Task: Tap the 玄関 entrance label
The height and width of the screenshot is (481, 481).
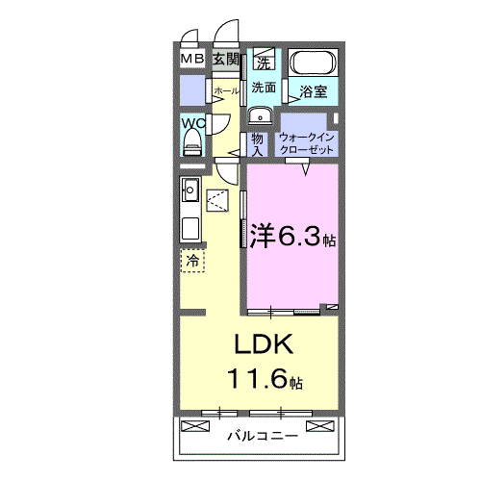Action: pyautogui.click(x=226, y=60)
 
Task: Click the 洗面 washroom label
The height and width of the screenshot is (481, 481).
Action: pyautogui.click(x=264, y=88)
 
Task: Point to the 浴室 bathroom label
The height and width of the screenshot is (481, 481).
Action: pyautogui.click(x=313, y=92)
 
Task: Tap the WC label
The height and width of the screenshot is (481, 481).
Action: pyautogui.click(x=192, y=123)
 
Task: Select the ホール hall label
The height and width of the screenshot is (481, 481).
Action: pyautogui.click(x=225, y=91)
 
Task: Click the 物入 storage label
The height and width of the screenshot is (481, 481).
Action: pyautogui.click(x=258, y=143)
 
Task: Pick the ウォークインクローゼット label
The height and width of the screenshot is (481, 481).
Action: pyautogui.click(x=307, y=143)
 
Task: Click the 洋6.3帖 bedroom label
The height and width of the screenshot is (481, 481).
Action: pyautogui.click(x=292, y=235)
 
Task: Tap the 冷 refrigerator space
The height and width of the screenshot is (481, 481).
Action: pyautogui.click(x=192, y=260)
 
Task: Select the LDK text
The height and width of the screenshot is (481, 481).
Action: pyautogui.click(x=259, y=345)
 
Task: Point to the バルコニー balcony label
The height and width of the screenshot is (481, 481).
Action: pyautogui.click(x=261, y=436)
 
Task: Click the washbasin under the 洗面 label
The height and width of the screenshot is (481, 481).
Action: pyautogui.click(x=258, y=116)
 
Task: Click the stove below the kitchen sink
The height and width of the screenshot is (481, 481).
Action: pyautogui.click(x=190, y=229)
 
